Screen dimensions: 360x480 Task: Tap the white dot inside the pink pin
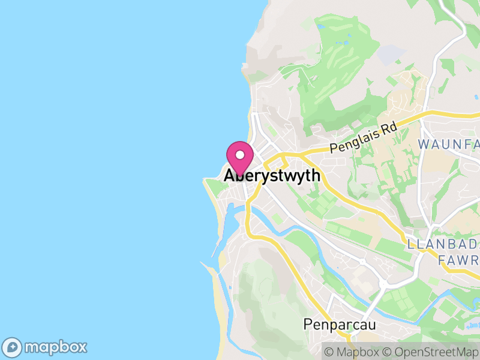click(240, 155)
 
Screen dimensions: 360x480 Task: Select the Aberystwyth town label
click(272, 176)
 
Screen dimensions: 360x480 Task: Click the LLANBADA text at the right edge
click(443, 245)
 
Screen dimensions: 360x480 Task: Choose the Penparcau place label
click(339, 325)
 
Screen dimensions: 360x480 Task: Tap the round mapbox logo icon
click(13, 347)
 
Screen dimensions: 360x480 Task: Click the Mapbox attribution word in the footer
click(358, 352)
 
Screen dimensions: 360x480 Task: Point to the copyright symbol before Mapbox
click(328, 352)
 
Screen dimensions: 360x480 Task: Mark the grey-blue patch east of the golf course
click(391, 53)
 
